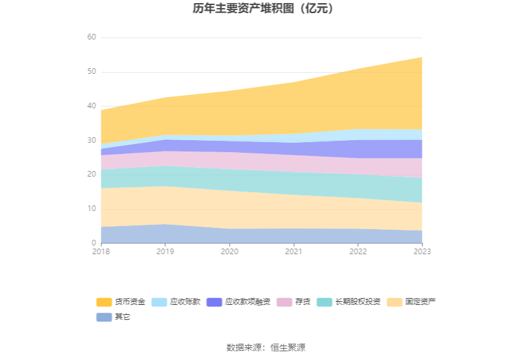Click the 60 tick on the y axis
(x=92, y=38)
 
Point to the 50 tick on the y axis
(x=92, y=72)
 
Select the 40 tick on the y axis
(x=92, y=106)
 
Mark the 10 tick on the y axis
(x=92, y=208)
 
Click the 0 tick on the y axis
(x=94, y=243)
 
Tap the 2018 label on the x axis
(x=101, y=252)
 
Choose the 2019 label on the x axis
(x=165, y=252)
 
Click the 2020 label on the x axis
(x=230, y=252)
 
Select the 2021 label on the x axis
(x=294, y=252)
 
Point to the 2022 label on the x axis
(x=358, y=252)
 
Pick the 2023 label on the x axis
(x=422, y=252)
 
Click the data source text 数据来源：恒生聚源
(x=266, y=347)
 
